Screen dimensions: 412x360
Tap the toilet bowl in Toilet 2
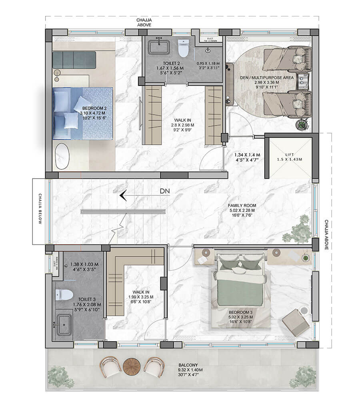(x=183, y=50)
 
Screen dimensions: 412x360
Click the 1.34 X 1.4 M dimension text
(x=247, y=155)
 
